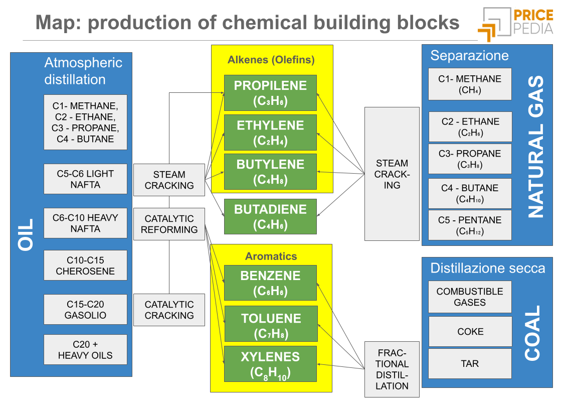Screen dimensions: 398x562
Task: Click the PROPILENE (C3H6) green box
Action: [x=270, y=93]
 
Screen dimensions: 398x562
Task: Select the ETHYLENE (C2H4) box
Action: [x=270, y=132]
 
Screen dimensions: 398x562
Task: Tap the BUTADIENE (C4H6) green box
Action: [x=270, y=216]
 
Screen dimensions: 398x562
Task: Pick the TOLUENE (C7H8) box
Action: [x=271, y=325]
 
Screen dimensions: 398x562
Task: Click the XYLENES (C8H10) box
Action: [x=271, y=364]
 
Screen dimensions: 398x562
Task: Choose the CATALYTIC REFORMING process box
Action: [x=169, y=224]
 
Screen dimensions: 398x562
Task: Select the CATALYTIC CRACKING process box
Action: [x=169, y=310]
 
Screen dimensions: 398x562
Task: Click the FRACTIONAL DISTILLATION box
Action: [x=392, y=369]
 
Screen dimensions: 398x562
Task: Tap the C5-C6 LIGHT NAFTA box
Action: [x=85, y=179]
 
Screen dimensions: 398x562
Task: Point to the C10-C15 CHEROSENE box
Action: [x=85, y=266]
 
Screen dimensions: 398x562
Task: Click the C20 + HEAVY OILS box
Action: [x=85, y=350]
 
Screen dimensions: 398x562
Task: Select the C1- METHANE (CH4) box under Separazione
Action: [x=469, y=84]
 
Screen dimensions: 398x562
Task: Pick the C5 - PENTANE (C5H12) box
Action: [x=469, y=225]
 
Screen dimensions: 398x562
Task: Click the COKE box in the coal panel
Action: [x=470, y=331]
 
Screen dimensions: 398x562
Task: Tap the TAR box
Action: [x=470, y=363]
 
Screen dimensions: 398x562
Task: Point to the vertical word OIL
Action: [x=26, y=234]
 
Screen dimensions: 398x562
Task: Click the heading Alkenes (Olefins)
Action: [x=271, y=60]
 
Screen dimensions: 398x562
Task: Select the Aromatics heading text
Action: [x=271, y=256]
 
